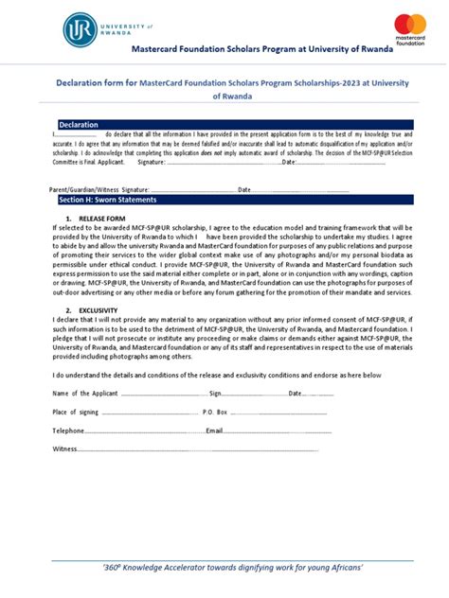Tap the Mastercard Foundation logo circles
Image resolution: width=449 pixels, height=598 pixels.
(410, 23)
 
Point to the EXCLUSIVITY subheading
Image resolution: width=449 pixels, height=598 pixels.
(99, 310)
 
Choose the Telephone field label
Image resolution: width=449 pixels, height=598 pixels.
(68, 431)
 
